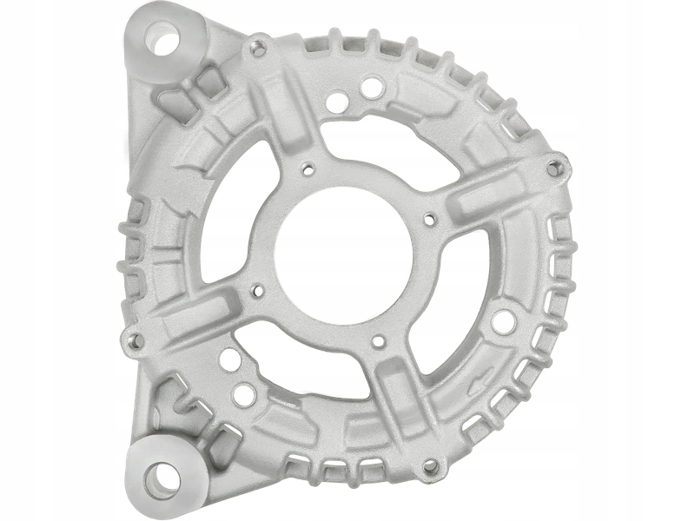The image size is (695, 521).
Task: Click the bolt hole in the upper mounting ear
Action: pyautogui.click(x=162, y=38)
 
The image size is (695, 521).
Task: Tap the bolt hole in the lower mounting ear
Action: pyautogui.click(x=162, y=476)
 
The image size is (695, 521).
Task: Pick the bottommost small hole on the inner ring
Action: pyautogui.click(x=378, y=341)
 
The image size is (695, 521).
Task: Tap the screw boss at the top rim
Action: pyautogui.click(x=257, y=49)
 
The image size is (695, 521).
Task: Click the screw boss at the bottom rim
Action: pyautogui.click(x=428, y=467)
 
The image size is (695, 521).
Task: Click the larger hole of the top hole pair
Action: pyautogui.click(x=371, y=88)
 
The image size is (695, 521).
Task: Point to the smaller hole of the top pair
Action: pyautogui.click(x=335, y=102)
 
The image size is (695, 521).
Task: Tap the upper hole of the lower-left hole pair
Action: pyautogui.click(x=227, y=358)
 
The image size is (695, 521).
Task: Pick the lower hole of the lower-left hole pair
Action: pyautogui.click(x=244, y=395)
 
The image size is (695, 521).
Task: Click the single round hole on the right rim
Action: pyautogui.click(x=503, y=322)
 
